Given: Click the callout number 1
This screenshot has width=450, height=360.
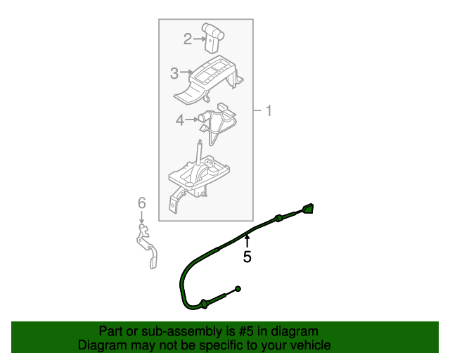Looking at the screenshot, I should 268,111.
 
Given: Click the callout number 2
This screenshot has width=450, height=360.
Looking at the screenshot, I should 187,39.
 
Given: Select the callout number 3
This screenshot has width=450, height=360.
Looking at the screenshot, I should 174,73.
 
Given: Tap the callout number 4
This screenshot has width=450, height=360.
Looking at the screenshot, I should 180,120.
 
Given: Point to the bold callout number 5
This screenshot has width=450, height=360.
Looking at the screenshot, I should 247,257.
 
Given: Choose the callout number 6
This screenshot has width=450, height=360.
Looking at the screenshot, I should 141,203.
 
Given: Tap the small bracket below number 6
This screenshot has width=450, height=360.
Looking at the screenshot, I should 148,246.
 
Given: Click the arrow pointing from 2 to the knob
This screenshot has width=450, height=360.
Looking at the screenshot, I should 198,39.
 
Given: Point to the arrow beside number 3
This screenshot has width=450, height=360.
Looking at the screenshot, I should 186,72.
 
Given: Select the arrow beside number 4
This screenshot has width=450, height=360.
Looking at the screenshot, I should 191,120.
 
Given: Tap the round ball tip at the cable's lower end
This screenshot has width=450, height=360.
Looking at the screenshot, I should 238,289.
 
